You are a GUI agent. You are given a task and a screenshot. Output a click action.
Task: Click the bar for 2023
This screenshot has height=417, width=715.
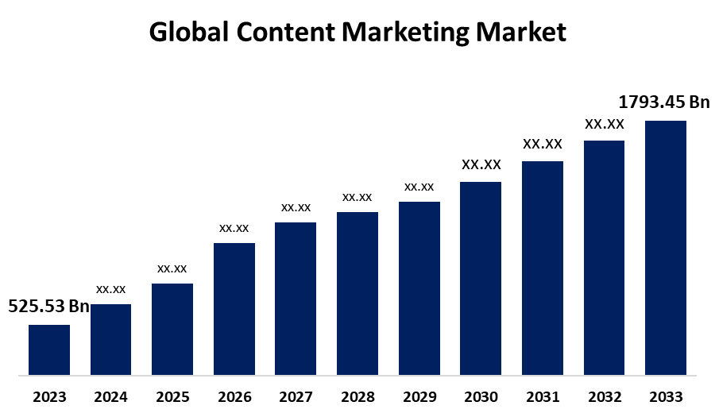coord(49,349)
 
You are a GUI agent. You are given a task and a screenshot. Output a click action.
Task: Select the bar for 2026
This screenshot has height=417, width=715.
coord(234,308)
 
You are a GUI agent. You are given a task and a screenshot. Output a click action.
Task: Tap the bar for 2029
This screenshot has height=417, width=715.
coord(419,288)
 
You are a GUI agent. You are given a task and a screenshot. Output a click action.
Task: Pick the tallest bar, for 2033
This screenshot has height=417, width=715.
coord(666,247)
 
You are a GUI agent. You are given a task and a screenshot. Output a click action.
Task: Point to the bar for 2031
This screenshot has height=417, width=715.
coord(543,268)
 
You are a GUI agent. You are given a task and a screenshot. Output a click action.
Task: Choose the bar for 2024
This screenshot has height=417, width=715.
coord(111,339)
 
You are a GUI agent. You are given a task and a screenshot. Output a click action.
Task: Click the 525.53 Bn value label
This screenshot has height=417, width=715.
coord(48,307)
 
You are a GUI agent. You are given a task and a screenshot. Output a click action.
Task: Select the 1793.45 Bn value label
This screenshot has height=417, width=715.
coord(663,102)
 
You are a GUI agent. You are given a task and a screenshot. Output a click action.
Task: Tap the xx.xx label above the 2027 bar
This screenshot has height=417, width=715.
coord(296,207)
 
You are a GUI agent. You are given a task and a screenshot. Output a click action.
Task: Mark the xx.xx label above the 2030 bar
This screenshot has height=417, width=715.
coord(481,164)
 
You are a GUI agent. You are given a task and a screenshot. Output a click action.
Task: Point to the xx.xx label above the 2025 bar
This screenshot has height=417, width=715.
coord(172,268)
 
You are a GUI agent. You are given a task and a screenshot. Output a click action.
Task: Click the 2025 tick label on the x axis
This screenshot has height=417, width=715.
coord(172,396)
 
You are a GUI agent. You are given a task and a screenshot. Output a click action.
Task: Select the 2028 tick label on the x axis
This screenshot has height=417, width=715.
coord(357,396)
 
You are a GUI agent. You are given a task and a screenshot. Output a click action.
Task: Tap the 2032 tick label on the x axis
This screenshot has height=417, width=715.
coord(604,396)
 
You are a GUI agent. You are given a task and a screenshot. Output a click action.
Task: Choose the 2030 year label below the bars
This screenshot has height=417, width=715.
coord(481,396)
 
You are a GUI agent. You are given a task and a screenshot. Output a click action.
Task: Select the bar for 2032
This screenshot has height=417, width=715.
coord(604,257)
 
